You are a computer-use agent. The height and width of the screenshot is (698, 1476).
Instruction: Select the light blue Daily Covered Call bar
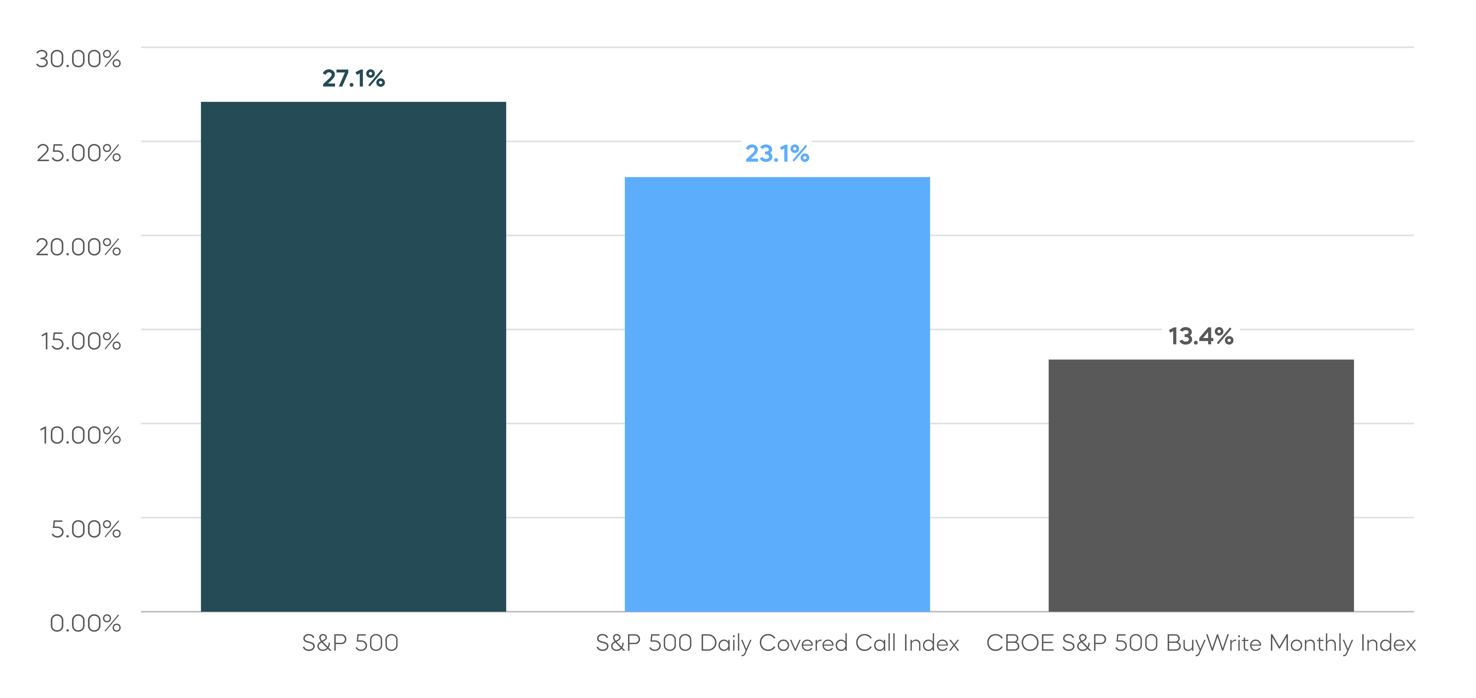[777, 394]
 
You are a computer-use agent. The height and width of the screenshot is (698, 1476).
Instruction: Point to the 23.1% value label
[777, 154]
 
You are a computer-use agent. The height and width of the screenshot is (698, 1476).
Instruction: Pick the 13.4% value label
[1201, 336]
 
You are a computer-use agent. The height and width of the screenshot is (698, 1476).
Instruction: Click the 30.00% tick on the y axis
[78, 58]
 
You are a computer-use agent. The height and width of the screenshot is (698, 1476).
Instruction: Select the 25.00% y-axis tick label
[78, 153]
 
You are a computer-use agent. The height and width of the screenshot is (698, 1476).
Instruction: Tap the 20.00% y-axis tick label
[78, 247]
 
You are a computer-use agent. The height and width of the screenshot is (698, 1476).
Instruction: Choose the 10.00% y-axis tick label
[80, 435]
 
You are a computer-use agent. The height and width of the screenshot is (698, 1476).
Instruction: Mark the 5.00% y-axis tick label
[86, 529]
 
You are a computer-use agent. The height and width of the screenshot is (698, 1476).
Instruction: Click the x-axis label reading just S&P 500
[350, 643]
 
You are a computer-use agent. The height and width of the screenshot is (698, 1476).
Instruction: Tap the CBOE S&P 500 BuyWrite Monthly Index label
[1201, 643]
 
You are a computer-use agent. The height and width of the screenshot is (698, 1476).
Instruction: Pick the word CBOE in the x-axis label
[1020, 643]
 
